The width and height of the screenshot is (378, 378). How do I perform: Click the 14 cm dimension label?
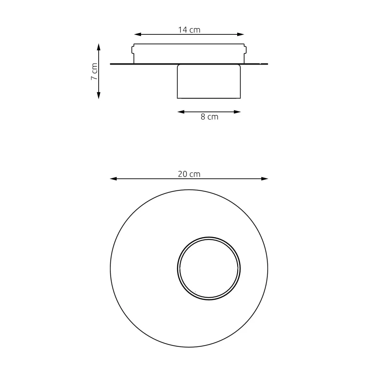(x=189, y=30)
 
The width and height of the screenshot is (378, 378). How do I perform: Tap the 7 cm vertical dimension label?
(x=94, y=72)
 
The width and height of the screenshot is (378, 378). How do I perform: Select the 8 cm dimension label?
(x=209, y=117)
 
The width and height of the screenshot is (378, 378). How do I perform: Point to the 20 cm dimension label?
(x=189, y=174)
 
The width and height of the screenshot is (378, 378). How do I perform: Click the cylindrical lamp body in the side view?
(x=209, y=81)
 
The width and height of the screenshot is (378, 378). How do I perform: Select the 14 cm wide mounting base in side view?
(x=189, y=54)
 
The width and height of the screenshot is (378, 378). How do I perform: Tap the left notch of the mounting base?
(x=132, y=49)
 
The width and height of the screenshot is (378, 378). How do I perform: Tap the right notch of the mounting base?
(x=246, y=49)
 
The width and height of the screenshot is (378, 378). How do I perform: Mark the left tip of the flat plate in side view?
(x=111, y=64)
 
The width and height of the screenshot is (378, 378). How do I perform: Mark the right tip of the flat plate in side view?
(x=267, y=64)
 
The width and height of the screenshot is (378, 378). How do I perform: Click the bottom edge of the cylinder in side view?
(x=209, y=98)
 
